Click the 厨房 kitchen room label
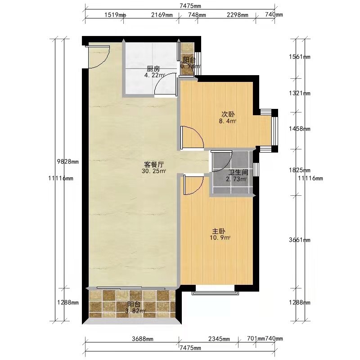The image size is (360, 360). [x=153, y=69]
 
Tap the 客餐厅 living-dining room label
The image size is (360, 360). [x=154, y=164]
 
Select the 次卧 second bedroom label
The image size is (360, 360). [x=228, y=114]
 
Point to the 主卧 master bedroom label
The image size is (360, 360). [x=219, y=231]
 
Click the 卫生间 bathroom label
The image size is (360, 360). [x=238, y=172]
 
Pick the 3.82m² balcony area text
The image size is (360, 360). [x=135, y=311]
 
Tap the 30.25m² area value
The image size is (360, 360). [x=154, y=171]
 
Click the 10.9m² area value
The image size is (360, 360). [x=220, y=238]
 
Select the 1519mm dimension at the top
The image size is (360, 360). [x=115, y=15]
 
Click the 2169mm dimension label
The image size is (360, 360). [x=162, y=15]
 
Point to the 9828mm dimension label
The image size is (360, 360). [x=68, y=162]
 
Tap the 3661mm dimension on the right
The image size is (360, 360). [x=300, y=240]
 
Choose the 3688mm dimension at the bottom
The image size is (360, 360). [x=143, y=339]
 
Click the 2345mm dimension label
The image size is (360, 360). [x=219, y=339]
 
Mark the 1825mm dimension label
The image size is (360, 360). [x=300, y=170]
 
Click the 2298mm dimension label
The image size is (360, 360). [x=238, y=15]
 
